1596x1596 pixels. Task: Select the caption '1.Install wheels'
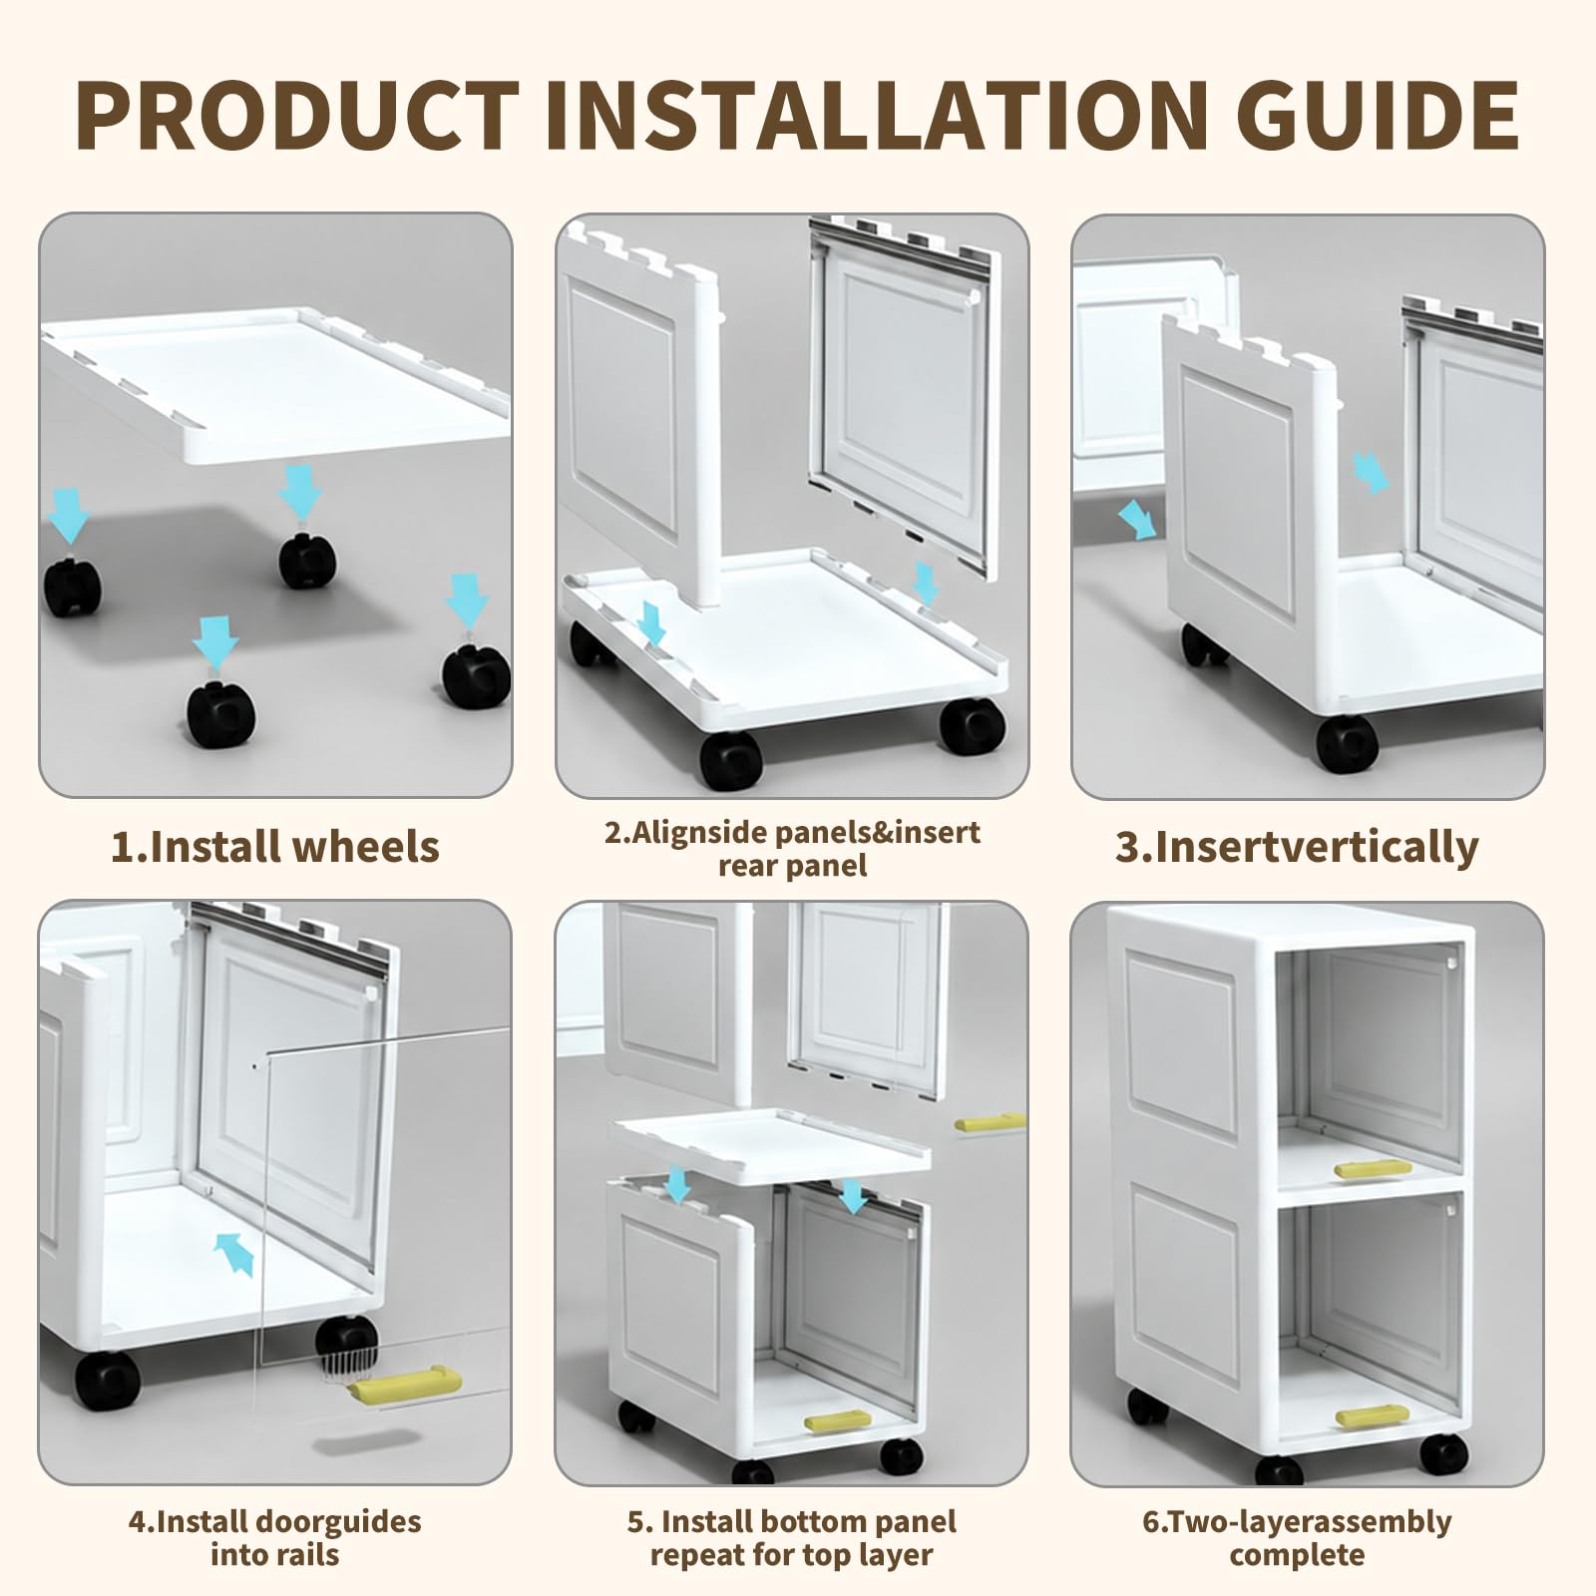coord(274,847)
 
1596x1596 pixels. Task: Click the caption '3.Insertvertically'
coord(1297,847)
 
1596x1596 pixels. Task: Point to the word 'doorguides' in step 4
coord(339,1522)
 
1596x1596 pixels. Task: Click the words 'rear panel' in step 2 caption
coord(793,866)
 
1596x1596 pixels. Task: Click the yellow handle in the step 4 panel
coord(404,1386)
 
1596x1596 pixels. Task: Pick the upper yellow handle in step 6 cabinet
coord(1373,1169)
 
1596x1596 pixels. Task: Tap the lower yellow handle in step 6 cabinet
coord(1373,1416)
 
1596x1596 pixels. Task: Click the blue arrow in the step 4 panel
coord(233,1253)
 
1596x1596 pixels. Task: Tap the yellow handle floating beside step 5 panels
coord(990,1122)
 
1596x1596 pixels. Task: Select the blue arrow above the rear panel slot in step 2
coord(927,583)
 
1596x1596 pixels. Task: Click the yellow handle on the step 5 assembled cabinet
coord(838,1422)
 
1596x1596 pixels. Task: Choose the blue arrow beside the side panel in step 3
coord(1136,520)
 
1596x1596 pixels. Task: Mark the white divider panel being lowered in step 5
coord(770,1145)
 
